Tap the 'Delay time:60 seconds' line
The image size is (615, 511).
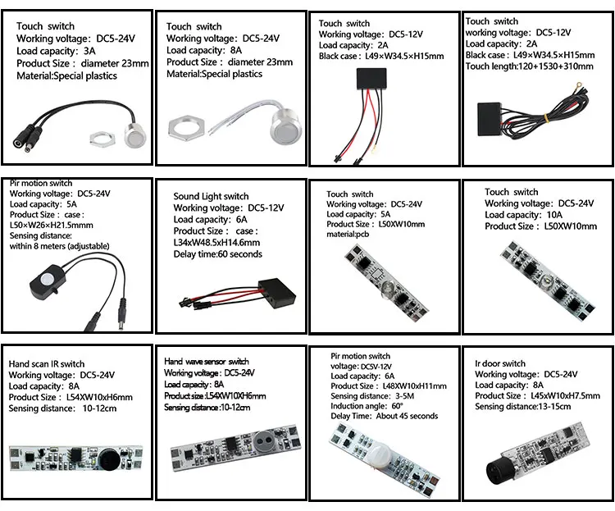[217, 254]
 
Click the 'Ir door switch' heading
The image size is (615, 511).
[500, 363]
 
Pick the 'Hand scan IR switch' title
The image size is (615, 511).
[47, 363]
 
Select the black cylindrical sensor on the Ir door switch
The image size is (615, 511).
[495, 470]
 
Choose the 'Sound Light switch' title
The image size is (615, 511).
[211, 197]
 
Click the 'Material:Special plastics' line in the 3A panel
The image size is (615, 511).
[67, 75]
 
